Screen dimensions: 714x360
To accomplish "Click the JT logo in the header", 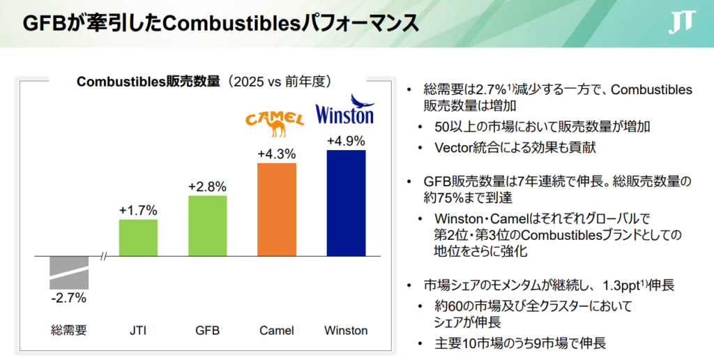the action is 682,22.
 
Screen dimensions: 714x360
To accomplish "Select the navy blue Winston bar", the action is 346,203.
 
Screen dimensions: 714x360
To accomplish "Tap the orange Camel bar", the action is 277,209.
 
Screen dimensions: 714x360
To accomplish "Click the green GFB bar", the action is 208,226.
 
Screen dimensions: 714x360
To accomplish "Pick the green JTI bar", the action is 139,238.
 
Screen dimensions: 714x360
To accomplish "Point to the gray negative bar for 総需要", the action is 69,273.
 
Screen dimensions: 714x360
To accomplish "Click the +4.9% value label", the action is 346,141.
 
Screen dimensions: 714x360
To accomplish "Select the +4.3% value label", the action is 277,154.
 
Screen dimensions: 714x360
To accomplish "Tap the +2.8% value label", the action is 208,187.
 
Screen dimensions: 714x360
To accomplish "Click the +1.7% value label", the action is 139,211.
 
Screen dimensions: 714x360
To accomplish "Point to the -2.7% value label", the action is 69,298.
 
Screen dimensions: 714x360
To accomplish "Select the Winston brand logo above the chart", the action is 345,110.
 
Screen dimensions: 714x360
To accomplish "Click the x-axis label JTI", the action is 138,331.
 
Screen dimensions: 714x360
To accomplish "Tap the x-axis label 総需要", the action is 69,331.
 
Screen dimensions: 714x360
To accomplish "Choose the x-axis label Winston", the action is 346,331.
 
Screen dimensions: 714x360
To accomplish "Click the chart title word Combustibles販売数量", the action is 149,82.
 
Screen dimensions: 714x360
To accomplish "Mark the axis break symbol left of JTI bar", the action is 104,257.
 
